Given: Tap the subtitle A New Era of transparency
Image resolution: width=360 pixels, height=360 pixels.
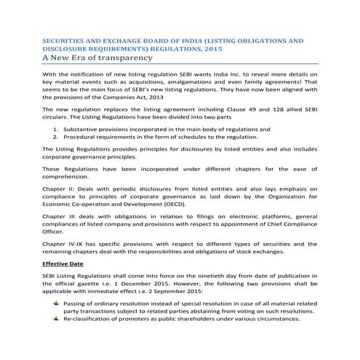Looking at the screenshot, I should pos(95,57).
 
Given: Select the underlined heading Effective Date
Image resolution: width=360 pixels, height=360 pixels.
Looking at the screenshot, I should pos(62,262).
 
